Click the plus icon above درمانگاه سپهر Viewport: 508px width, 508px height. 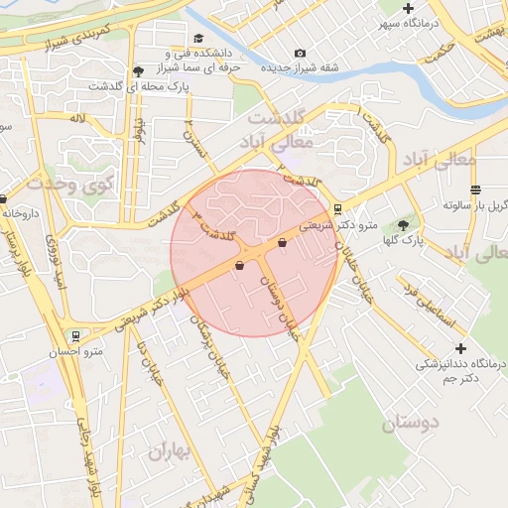coord(408,8)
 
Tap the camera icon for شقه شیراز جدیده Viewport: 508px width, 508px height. coord(300,54)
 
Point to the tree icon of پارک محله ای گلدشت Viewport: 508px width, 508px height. coord(137,71)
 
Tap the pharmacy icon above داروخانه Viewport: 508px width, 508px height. coord(3,198)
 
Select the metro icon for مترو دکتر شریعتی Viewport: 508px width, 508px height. coord(338,209)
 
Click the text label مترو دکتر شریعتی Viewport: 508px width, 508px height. coord(338,226)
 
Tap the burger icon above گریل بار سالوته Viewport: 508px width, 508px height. coord(476,190)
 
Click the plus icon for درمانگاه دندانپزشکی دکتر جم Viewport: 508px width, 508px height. coord(459,348)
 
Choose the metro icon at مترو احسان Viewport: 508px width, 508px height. coord(74,335)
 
